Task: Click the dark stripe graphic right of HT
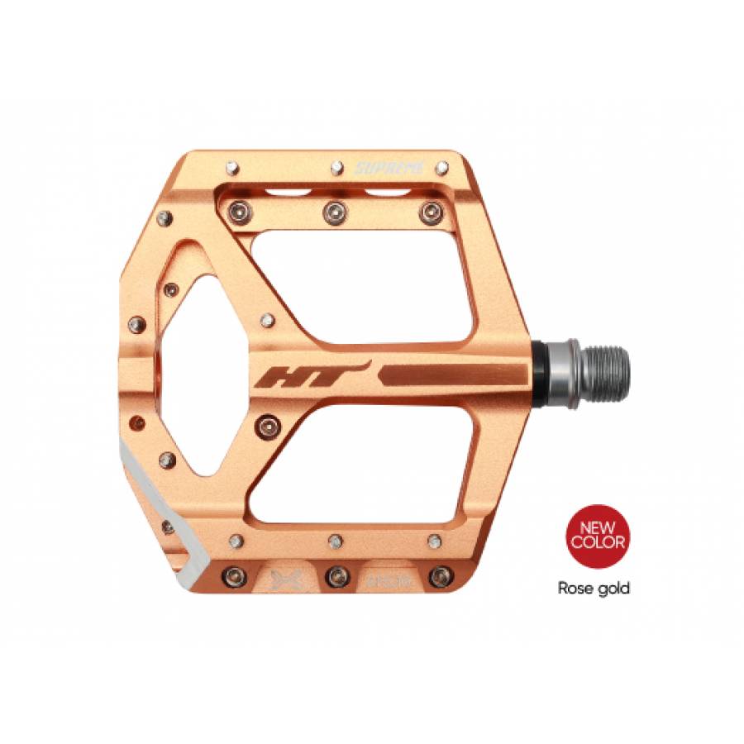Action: coord(451,373)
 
